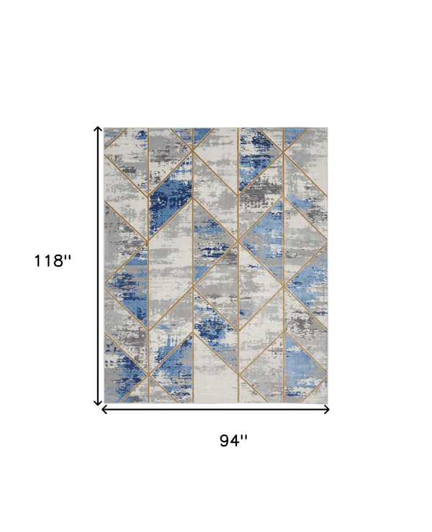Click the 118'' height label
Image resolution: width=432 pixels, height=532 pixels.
click(53, 261)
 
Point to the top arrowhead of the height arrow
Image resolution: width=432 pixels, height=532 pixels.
click(98, 129)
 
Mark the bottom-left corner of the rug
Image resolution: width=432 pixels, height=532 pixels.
click(105, 402)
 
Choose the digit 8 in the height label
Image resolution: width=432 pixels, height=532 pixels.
click(57, 261)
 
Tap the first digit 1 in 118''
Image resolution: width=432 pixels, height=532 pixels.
click(37, 261)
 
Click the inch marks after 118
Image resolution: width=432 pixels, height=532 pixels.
click(68, 257)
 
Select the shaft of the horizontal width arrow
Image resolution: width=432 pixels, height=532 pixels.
click(216, 410)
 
